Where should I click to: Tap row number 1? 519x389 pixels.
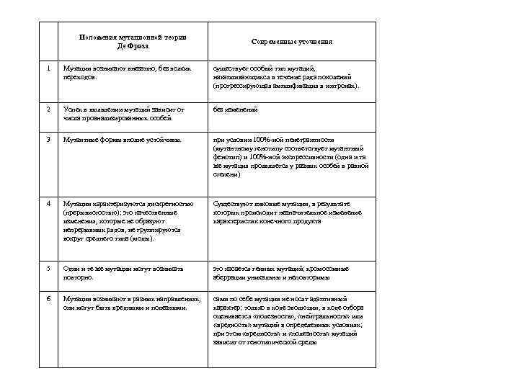pos(48,68)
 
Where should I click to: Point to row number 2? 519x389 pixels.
pos(48,109)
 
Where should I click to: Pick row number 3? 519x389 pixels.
pos(48,140)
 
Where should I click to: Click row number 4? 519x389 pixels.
pos(48,204)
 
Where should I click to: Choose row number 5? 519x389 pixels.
pos(48,269)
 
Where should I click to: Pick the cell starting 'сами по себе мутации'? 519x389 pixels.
pos(288,320)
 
